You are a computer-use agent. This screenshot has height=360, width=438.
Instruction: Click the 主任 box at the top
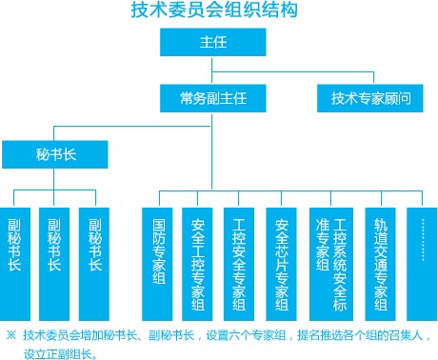coord(212,43)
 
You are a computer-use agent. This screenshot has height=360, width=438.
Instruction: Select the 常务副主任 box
coord(212,98)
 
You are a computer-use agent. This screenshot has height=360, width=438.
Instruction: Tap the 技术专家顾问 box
coord(370,98)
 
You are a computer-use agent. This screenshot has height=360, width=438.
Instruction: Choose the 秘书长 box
coord(55,154)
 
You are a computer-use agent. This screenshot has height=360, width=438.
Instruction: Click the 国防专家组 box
coord(159,263)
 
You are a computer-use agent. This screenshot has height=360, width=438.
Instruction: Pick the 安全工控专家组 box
coord(198,263)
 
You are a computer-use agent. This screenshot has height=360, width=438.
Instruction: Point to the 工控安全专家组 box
coord(239,263)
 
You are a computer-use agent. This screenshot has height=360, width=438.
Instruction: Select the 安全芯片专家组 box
coord(281,263)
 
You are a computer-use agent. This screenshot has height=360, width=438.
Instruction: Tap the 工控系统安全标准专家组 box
coord(331,263)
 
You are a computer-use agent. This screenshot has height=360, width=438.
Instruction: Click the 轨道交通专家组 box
coord(381,263)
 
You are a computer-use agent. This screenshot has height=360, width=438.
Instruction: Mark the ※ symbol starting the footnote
coord(11,335)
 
